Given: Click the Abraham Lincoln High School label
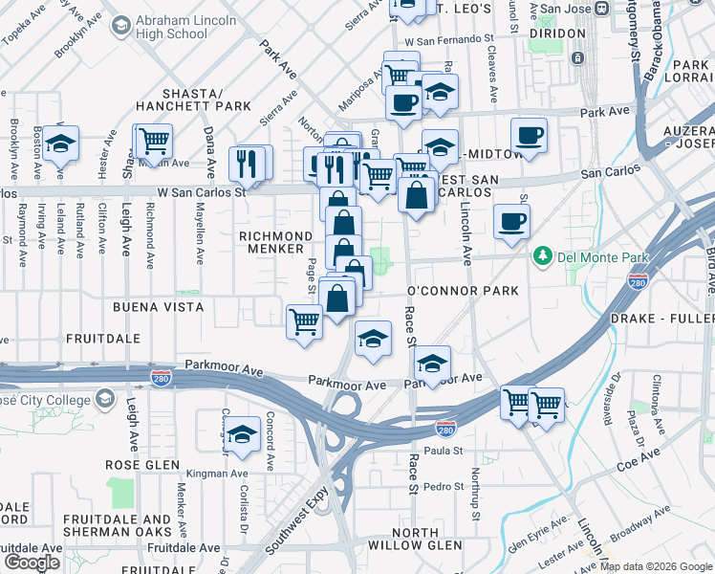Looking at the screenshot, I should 171,27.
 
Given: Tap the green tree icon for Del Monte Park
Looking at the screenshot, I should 543,256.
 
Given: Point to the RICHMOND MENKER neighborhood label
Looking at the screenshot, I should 275,242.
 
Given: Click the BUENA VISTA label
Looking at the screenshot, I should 159,307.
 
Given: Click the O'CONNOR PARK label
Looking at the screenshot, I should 463,291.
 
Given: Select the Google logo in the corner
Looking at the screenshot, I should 32,563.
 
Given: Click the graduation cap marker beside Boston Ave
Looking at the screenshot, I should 60,145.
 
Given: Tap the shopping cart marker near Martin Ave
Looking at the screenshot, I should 153,143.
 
